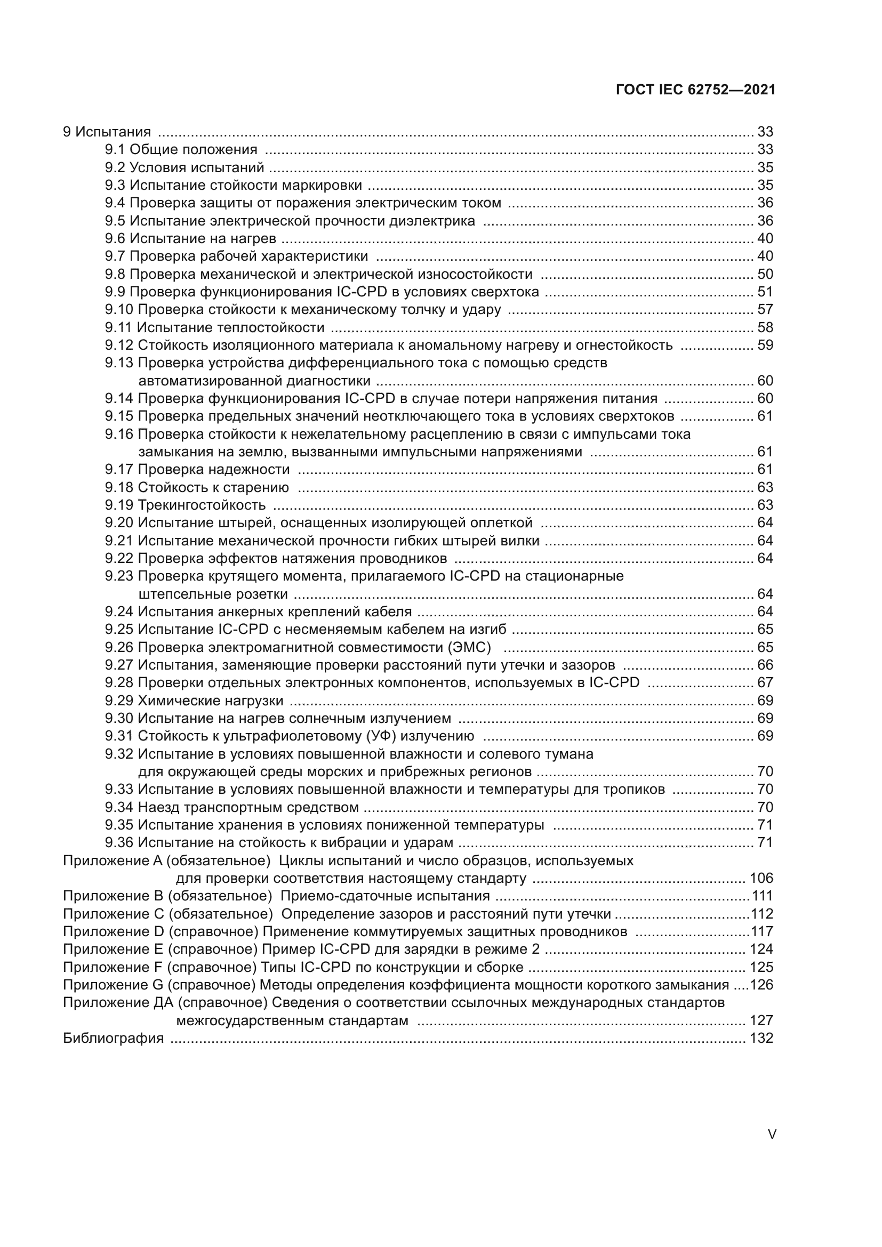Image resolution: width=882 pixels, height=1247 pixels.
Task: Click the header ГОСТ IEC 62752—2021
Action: click(696, 90)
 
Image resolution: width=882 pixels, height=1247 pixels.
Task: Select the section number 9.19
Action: click(119, 505)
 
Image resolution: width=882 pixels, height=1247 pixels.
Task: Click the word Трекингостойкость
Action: click(202, 505)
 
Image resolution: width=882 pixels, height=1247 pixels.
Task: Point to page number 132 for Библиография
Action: click(761, 1039)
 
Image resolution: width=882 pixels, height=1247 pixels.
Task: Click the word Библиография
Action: click(113, 1039)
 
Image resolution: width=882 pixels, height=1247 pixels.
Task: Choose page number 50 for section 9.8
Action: click(765, 274)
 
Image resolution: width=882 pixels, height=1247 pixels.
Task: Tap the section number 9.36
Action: click(119, 843)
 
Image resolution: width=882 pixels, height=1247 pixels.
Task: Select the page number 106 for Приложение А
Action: click(761, 878)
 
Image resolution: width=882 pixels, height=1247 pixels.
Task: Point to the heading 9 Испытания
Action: click(107, 132)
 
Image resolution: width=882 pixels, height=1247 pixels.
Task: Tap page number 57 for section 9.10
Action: click(765, 310)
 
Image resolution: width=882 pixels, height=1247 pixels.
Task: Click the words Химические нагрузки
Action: click(210, 701)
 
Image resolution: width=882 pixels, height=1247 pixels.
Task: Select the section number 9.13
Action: click(119, 363)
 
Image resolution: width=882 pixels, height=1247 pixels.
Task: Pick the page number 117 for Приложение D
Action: click(762, 932)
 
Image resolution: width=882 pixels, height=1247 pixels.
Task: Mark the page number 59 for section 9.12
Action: click(765, 345)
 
